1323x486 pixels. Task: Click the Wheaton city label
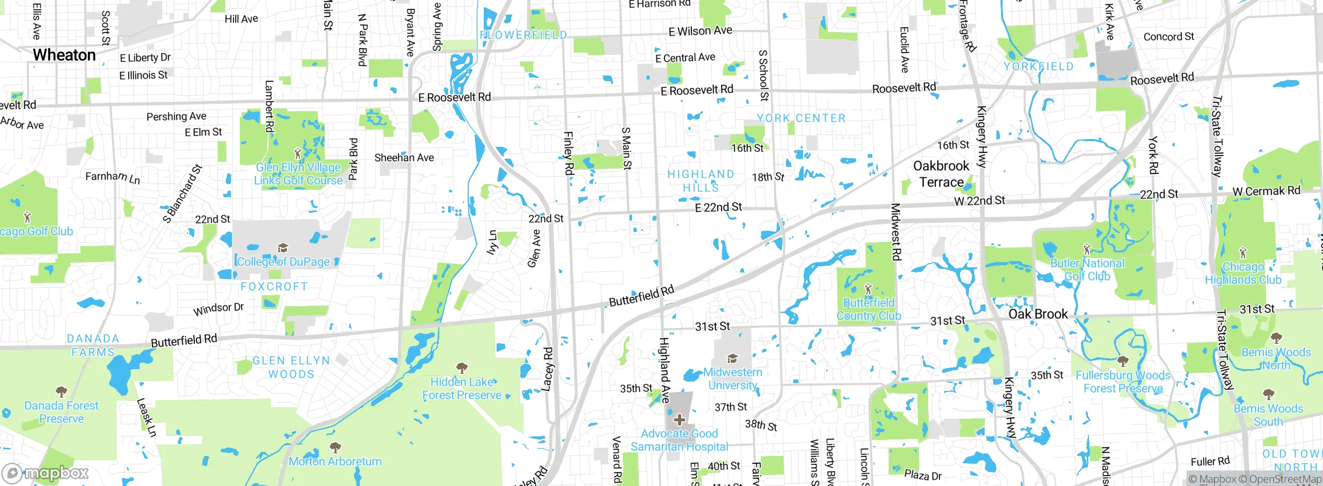64,55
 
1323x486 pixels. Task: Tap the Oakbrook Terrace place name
941,174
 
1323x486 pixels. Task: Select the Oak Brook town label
1038,314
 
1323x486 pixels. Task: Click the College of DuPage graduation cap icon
282,248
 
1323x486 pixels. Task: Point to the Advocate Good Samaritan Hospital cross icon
680,420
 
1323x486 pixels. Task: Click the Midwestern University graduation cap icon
732,359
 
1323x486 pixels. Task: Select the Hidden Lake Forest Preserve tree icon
461,368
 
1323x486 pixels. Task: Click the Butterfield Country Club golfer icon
868,288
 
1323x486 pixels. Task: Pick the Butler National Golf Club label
1087,269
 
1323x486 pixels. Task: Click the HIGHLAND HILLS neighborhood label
701,180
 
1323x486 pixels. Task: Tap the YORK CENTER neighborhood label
801,118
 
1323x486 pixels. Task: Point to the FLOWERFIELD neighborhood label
523,35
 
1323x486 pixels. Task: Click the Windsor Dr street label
218,309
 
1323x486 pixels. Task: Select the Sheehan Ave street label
404,158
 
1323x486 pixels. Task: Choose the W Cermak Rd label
1266,191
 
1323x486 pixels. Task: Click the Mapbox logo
45,473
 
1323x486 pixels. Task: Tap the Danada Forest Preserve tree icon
61,391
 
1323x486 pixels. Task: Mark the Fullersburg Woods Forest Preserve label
1122,382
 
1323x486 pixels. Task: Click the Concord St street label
1168,37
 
